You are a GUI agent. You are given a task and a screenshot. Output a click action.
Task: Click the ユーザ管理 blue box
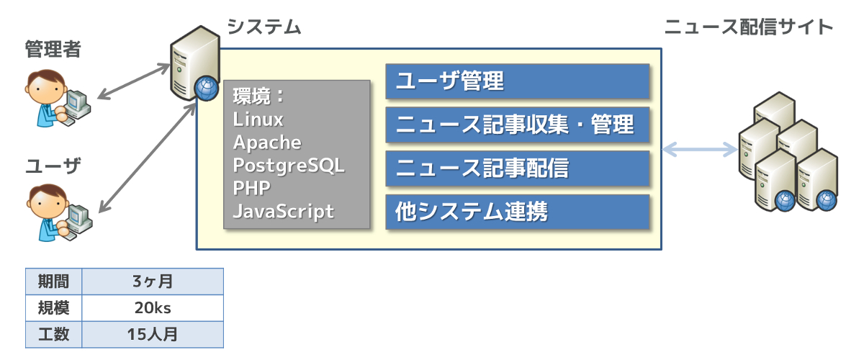coord(518,81)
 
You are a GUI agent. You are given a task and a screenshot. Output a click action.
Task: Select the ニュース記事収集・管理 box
coord(518,125)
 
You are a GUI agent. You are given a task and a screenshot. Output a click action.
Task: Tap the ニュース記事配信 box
coord(518,168)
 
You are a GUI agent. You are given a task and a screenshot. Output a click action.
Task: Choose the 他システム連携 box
coord(518,212)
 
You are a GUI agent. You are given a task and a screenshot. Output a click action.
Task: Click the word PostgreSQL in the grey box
coord(289,166)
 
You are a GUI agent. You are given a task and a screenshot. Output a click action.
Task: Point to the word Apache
coord(267,143)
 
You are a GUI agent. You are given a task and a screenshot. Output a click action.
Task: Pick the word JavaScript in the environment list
coord(284,212)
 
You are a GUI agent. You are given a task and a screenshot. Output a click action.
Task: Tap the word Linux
coord(258,120)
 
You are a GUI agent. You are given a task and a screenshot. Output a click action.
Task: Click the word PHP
coord(251,189)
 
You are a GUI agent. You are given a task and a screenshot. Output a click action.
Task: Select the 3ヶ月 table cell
coord(153,282)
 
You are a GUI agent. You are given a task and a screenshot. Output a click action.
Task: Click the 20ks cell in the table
coord(153,308)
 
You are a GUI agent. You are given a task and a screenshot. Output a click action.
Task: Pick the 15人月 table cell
coord(153,335)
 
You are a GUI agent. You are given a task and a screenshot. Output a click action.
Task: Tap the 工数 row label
coord(53,335)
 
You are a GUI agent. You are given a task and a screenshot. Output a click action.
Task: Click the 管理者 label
coord(53,50)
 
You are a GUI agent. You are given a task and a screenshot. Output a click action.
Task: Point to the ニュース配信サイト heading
coord(749,27)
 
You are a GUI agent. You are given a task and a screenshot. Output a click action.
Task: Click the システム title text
coord(264,27)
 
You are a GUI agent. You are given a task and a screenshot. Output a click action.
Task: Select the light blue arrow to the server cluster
coord(700,149)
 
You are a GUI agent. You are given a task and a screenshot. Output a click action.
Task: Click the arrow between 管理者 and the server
coord(134,81)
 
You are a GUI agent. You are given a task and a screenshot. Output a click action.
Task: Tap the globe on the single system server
coord(207,88)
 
